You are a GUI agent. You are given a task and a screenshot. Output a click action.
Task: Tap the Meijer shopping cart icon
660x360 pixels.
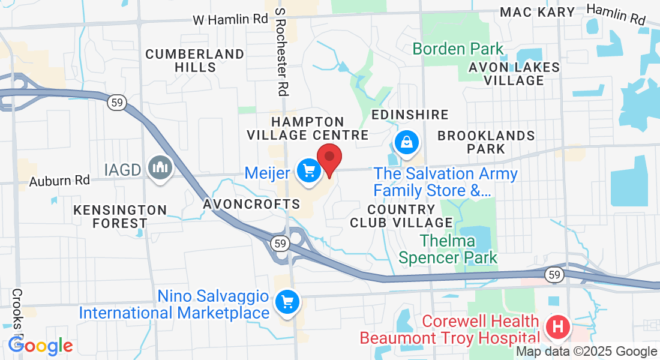(309, 171)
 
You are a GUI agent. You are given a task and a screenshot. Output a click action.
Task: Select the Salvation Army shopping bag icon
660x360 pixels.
(407, 142)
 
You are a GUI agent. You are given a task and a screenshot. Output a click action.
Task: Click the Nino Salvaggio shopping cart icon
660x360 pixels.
(287, 301)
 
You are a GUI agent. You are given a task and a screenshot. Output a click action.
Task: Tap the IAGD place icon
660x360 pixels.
(160, 167)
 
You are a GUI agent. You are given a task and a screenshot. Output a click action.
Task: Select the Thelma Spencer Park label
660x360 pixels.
(448, 250)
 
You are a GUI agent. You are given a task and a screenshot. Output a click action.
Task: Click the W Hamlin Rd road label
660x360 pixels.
(230, 19)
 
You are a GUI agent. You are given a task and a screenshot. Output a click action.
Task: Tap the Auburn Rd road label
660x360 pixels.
(59, 179)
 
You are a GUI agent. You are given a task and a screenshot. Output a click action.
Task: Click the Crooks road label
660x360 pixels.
(16, 312)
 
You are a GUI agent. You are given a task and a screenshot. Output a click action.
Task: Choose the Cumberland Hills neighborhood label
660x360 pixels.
(195, 61)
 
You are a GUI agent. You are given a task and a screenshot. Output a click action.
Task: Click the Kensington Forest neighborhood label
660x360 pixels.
(120, 217)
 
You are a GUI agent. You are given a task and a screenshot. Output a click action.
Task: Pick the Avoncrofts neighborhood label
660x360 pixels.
(251, 204)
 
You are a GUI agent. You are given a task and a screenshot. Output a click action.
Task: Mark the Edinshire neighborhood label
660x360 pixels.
(410, 115)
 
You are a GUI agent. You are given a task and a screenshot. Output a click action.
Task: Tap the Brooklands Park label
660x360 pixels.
(486, 142)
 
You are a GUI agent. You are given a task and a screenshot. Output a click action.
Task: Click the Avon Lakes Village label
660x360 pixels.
(514, 73)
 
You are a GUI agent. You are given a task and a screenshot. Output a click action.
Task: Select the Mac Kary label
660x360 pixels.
(538, 12)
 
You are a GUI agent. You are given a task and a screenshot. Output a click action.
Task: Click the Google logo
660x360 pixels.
(41, 346)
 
